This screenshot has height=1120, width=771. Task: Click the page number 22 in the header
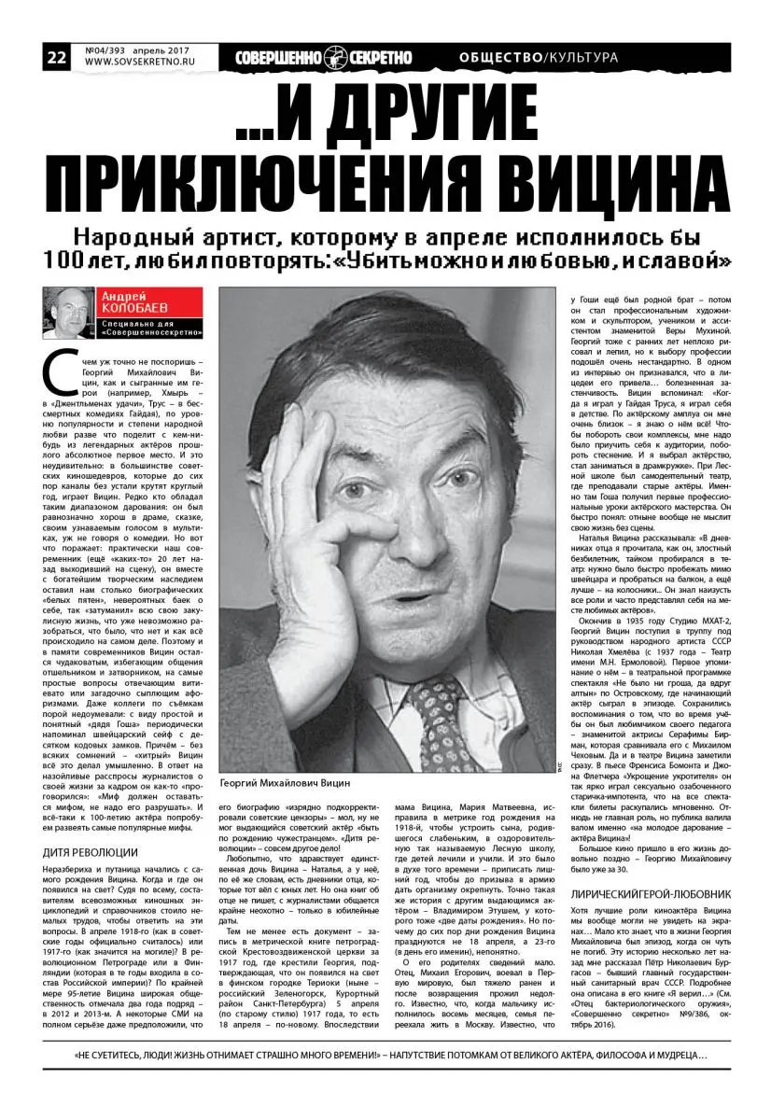pyautogui.click(x=56, y=57)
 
